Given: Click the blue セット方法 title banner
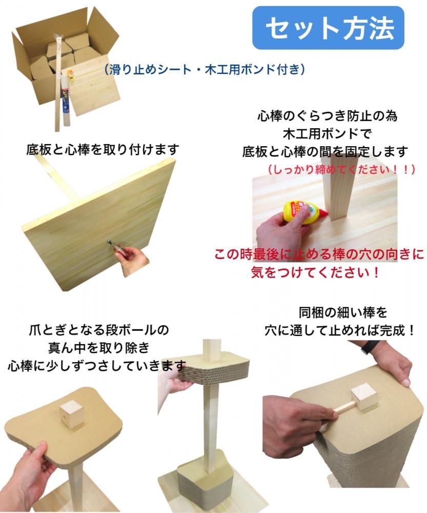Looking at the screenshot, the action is coord(328,28).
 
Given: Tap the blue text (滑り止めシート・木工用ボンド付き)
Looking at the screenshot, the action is coord(205,69).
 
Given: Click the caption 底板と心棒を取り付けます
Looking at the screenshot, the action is coord(103,149).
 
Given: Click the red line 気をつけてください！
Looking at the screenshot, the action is coord(315,272).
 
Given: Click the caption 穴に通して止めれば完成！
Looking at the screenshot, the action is coord(339,330).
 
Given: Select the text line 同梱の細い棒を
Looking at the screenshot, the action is coord(342,313).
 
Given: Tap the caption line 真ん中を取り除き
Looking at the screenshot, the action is coord(99,347).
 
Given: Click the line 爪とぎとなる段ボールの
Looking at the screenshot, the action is coord(99,330).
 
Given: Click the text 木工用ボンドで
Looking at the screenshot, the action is coord(328,133).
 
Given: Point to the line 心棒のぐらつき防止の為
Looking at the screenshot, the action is coord(328,116).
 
